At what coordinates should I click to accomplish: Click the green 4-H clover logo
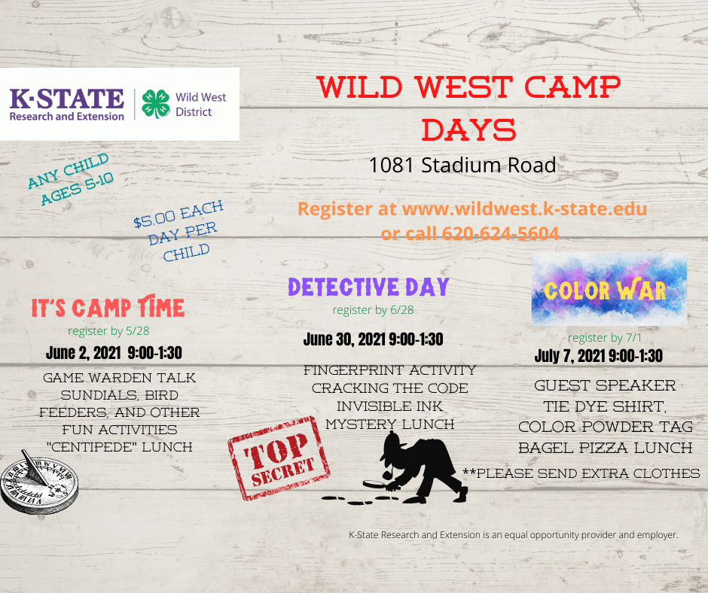157,104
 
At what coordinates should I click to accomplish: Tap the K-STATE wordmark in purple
66,99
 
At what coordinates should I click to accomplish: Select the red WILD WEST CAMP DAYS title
468,108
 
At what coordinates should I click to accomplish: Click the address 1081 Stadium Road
462,166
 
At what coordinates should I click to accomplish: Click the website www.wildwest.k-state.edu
524,208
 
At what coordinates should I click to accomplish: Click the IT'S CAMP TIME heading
108,308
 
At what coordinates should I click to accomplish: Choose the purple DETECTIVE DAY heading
368,287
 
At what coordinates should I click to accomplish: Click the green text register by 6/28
374,310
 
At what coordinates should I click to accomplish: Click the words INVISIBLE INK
389,406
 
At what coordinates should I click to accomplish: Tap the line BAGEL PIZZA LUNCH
606,448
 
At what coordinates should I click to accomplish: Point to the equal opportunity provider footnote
514,535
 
